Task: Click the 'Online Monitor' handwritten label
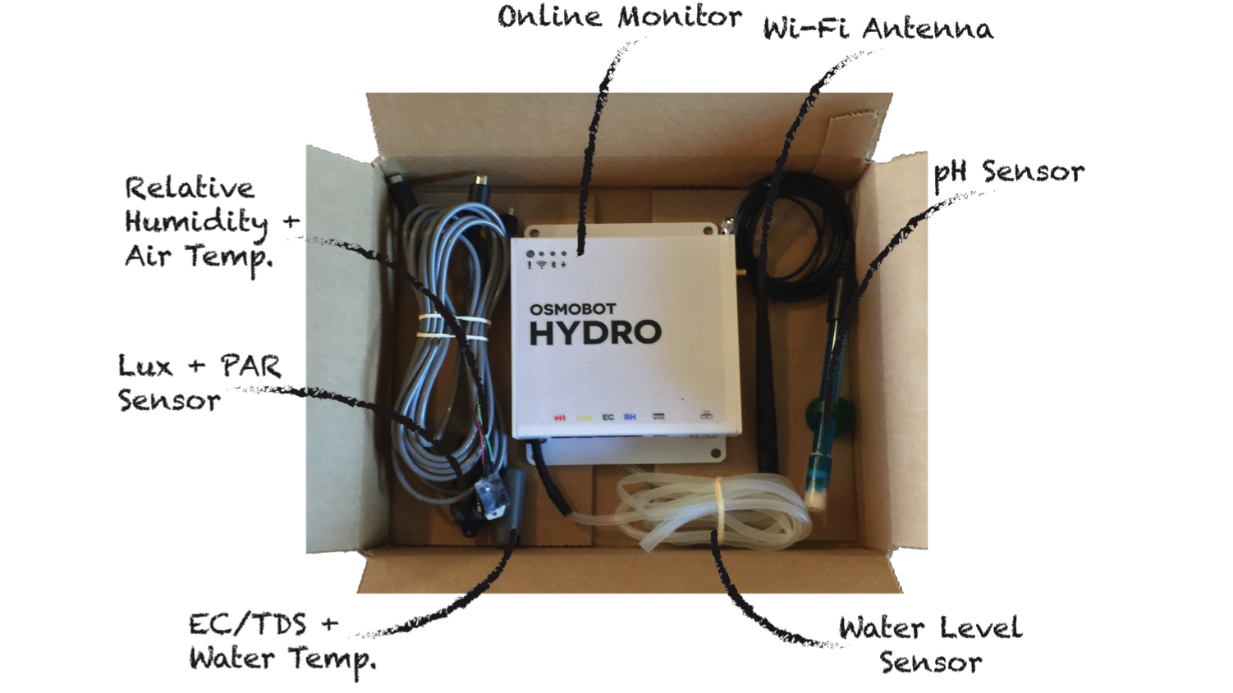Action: (x=619, y=17)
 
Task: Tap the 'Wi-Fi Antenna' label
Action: (x=878, y=29)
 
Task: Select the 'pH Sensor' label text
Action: (x=1009, y=173)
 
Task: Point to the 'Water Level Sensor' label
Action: (x=930, y=645)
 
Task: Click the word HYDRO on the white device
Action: (x=595, y=333)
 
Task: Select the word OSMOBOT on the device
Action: (x=572, y=309)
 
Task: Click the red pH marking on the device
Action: (x=560, y=417)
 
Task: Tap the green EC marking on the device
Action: (x=607, y=417)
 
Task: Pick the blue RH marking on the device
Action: (x=630, y=417)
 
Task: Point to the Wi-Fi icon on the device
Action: (x=542, y=265)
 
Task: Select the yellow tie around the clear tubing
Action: (x=718, y=505)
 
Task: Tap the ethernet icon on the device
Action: (x=706, y=415)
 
